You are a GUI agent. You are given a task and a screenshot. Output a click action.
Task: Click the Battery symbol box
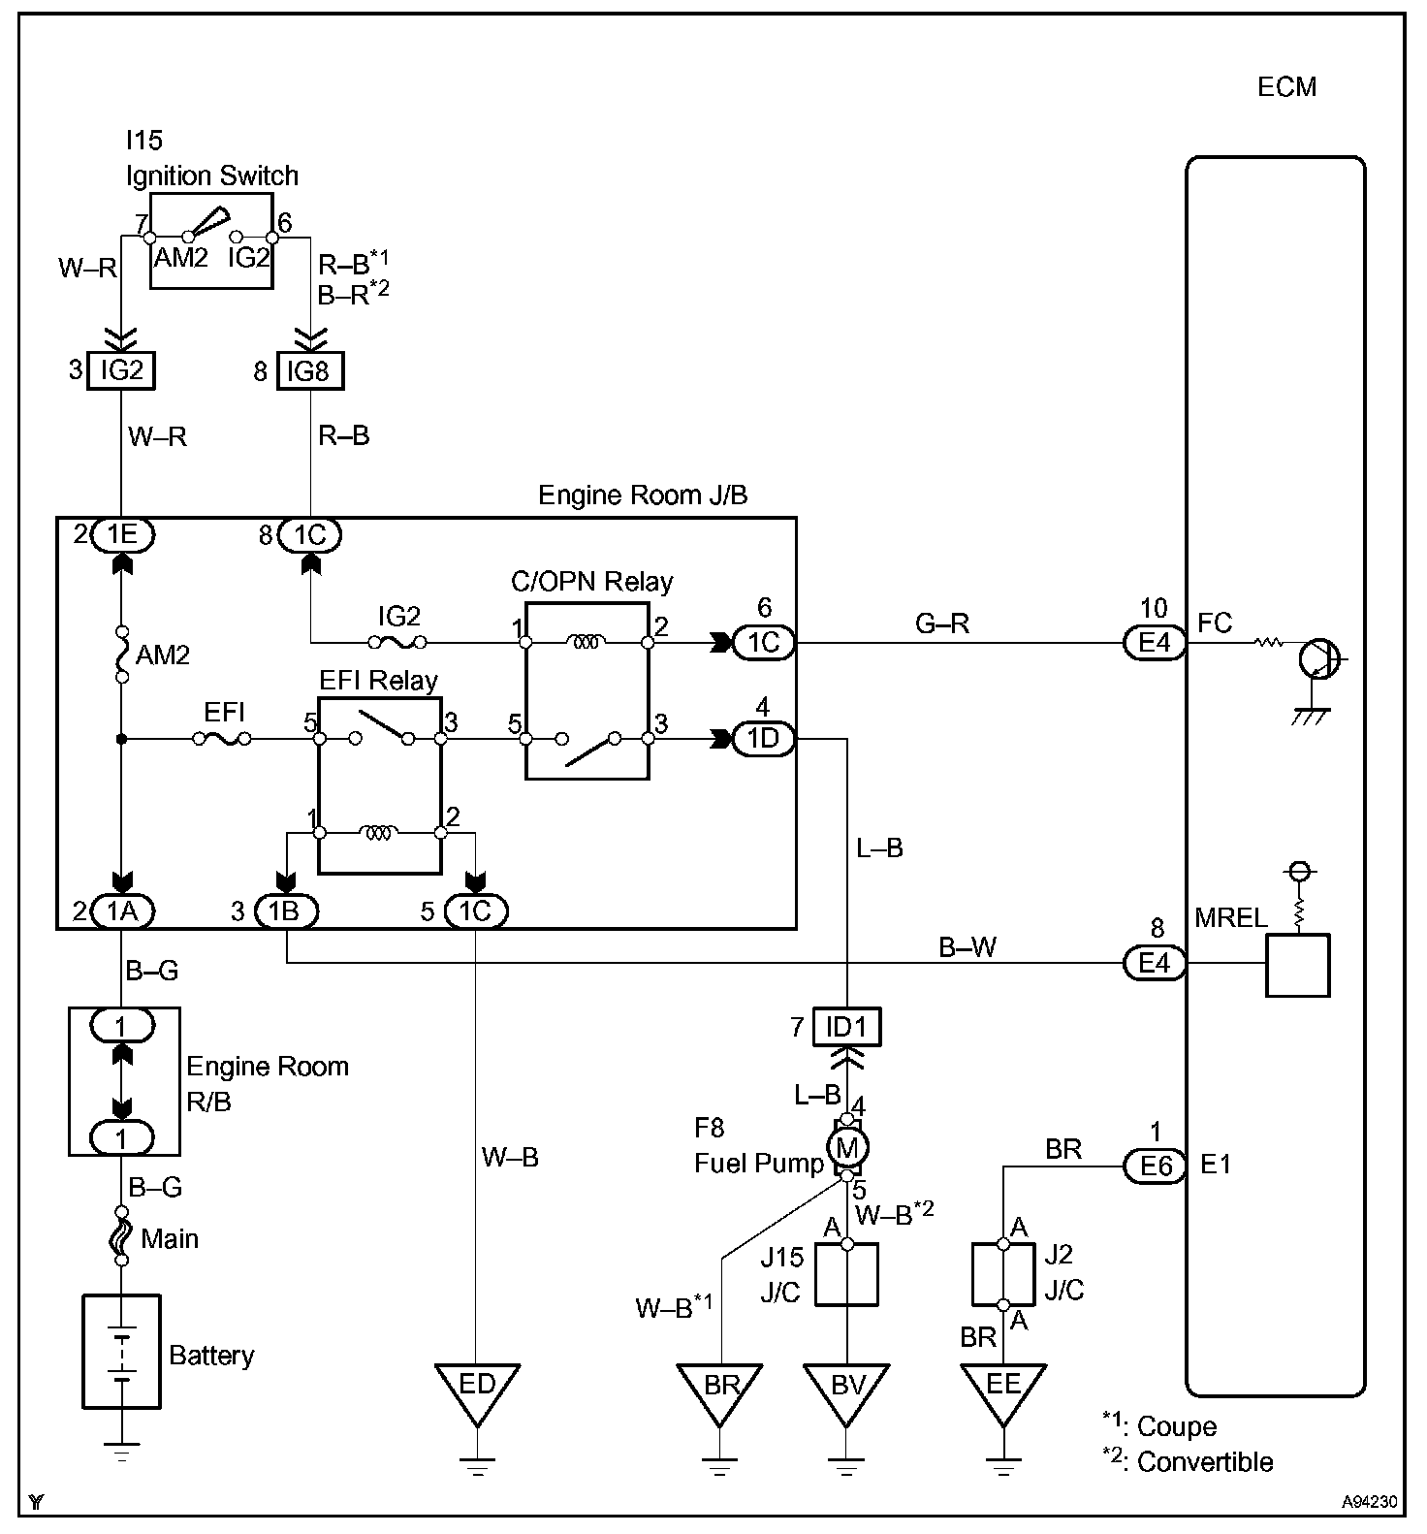121,1352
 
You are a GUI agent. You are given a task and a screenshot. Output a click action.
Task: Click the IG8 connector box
310,370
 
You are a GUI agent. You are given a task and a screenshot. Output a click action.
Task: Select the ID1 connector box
847,1027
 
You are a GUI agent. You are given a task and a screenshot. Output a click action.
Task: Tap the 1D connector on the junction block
764,739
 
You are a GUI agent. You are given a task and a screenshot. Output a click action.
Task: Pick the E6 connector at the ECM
1156,1166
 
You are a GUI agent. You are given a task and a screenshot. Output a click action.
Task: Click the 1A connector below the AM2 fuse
122,911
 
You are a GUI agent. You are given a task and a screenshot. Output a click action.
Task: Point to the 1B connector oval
286,911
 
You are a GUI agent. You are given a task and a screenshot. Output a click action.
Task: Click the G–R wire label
943,623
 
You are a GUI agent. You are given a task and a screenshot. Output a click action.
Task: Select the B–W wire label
967,946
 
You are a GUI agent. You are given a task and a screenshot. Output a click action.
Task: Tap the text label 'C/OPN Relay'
591,582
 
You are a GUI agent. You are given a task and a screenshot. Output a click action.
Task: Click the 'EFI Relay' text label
379,681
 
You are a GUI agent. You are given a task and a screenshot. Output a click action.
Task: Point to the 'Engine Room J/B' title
643,495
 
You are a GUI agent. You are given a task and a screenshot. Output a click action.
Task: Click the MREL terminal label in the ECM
1231,917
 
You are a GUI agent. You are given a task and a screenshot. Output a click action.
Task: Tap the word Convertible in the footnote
1205,1462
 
